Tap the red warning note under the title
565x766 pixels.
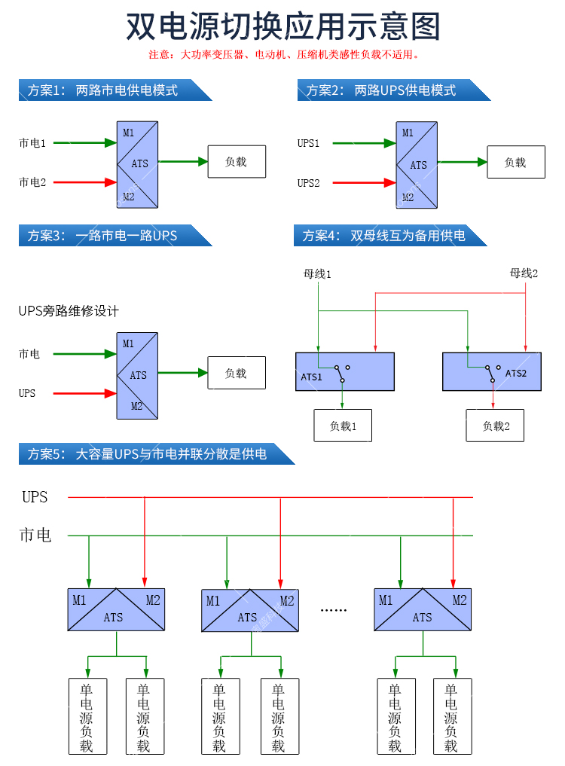283,55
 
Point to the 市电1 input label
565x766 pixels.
32,142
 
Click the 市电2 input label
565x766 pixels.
32,182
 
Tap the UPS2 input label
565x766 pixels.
309,183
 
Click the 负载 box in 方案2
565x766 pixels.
515,162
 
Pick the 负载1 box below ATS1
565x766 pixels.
343,426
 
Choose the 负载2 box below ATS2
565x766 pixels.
496,426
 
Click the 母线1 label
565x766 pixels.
317,274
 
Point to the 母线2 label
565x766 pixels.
524,273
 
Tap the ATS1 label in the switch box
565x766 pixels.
312,377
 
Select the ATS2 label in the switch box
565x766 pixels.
516,373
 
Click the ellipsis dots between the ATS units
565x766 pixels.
333,609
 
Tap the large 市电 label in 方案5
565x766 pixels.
35,536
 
